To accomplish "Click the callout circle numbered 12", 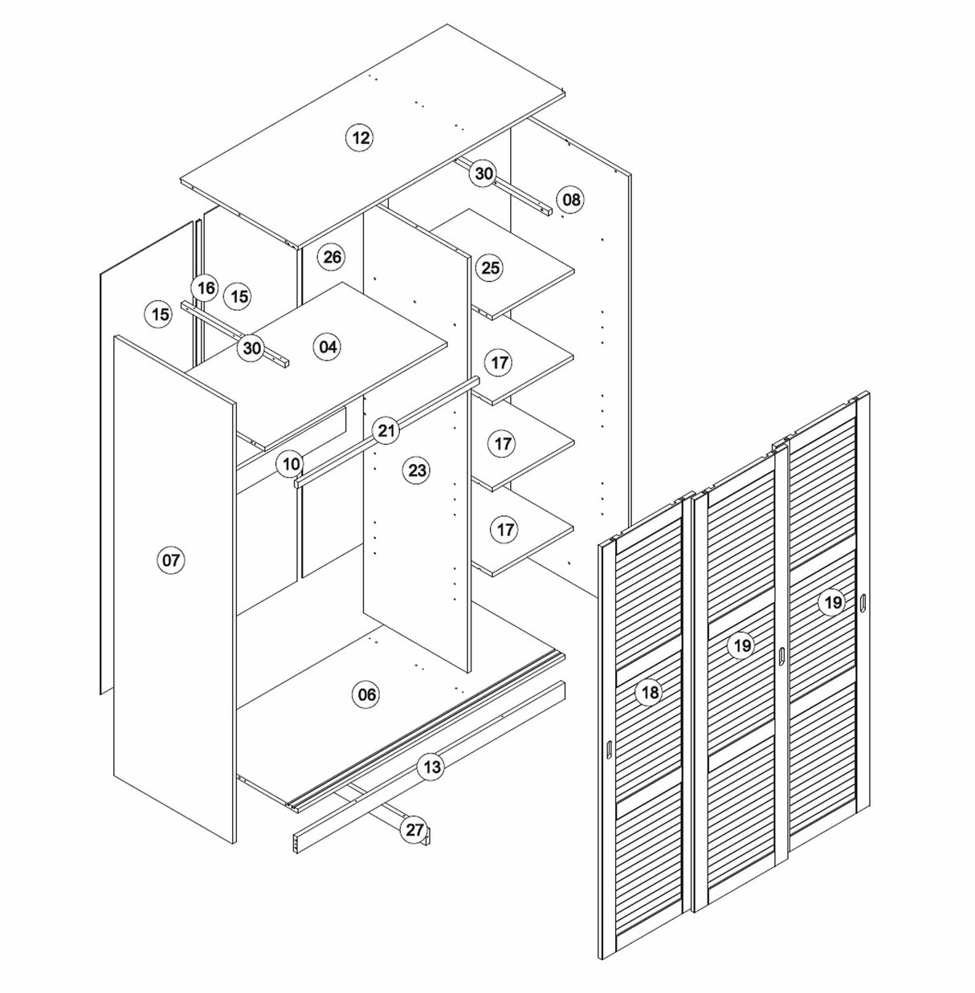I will click(x=361, y=137).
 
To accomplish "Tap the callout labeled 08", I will click(x=570, y=198).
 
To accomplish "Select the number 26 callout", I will click(x=331, y=257).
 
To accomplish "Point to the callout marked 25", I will click(x=490, y=267).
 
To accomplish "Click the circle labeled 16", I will click(x=206, y=288).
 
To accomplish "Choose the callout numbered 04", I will click(x=328, y=347).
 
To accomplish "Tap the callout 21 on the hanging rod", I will click(x=387, y=430).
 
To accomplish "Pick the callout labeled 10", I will click(x=291, y=464).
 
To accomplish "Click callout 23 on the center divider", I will click(x=417, y=470).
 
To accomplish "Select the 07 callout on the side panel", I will click(x=171, y=560).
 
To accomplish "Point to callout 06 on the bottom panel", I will click(x=366, y=694).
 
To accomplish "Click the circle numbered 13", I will click(x=431, y=767).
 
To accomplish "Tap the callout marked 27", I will click(x=414, y=830).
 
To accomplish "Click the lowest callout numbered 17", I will click(x=505, y=529).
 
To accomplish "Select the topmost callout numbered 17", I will click(x=500, y=362).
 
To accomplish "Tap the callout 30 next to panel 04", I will click(x=252, y=348).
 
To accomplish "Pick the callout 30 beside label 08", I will click(x=483, y=173).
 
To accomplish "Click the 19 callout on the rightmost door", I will click(x=832, y=602).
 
